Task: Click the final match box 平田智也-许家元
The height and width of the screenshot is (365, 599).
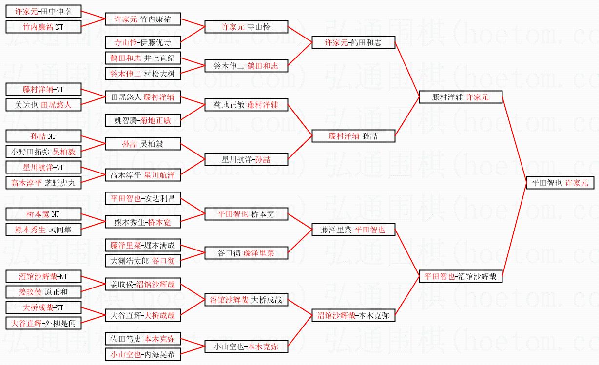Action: pyautogui.click(x=560, y=183)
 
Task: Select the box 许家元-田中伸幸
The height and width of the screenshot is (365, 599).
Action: pyautogui.click(x=43, y=11)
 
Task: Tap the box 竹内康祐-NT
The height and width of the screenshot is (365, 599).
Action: pyautogui.click(x=43, y=27)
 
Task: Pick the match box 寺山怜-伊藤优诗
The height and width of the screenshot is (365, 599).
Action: pyautogui.click(x=143, y=42)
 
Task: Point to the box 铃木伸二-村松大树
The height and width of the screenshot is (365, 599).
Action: pyautogui.click(x=143, y=74)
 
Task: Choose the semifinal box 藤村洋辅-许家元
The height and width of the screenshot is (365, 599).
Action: pyautogui.click(x=461, y=97)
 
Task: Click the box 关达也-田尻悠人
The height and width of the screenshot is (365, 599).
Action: pyautogui.click(x=43, y=105)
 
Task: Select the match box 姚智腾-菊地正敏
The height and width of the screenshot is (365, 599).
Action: pyautogui.click(x=143, y=120)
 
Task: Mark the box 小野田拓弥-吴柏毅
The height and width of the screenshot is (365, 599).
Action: pyautogui.click(x=43, y=152)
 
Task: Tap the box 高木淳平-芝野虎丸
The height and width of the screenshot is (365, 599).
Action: pyautogui.click(x=43, y=183)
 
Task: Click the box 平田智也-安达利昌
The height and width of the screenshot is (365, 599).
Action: pyautogui.click(x=143, y=198)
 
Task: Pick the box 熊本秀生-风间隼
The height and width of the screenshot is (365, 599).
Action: pyautogui.click(x=43, y=230)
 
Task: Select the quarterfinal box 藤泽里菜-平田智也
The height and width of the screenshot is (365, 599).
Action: pyautogui.click(x=353, y=230)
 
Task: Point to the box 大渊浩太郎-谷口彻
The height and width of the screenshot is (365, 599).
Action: pyautogui.click(x=143, y=261)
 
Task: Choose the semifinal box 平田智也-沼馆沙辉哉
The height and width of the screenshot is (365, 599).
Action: pyautogui.click(x=461, y=276)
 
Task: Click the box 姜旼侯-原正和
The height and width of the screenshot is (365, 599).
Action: pyautogui.click(x=43, y=292)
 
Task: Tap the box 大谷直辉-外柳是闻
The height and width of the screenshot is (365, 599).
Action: pyautogui.click(x=43, y=323)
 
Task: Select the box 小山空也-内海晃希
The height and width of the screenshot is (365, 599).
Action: pyautogui.click(x=143, y=354)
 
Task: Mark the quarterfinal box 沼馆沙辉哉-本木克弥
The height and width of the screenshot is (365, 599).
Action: pyautogui.click(x=353, y=315)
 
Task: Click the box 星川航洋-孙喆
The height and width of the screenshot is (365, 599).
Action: pyautogui.click(x=246, y=159)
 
